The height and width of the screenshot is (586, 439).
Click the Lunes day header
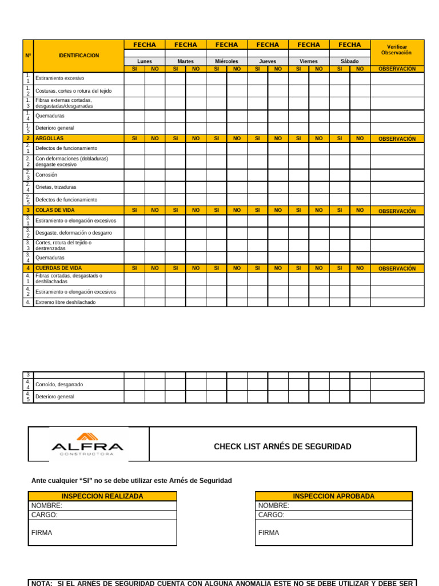coord(145,61)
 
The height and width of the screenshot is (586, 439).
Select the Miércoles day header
coord(226,61)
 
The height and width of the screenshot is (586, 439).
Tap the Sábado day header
coord(349,61)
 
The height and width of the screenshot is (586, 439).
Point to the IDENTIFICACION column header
coord(78,56)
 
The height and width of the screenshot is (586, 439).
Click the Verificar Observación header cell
coord(397,50)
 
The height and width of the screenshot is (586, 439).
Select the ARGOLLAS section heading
coord(50,138)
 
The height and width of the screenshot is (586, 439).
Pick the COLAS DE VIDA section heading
coord(55,211)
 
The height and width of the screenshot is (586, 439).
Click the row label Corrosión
coord(46,175)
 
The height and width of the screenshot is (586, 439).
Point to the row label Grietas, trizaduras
coord(55,187)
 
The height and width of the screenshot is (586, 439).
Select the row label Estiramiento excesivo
coord(59,78)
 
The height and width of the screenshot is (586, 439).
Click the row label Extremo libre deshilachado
coord(65,302)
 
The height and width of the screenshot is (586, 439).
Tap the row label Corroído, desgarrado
coord(59,385)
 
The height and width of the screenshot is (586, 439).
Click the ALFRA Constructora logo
coord(87,444)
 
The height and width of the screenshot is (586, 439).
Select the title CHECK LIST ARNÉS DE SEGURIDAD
coord(282,446)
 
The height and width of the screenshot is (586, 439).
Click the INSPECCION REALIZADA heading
coord(102,496)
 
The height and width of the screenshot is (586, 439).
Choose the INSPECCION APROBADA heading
coord(333,496)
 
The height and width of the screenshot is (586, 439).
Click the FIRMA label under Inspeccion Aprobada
coord(269,533)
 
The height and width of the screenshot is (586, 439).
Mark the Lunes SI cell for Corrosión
coord(134,175)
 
